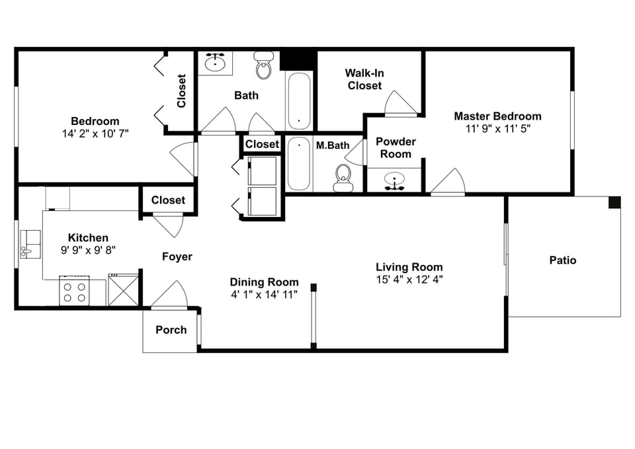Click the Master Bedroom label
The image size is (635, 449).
coord(497,116)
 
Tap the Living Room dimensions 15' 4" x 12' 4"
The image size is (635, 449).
coord(409,279)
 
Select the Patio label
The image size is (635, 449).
coord(563,260)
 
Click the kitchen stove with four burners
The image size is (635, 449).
coord(74,291)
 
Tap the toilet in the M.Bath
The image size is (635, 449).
coord(343,177)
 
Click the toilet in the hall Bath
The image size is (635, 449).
coord(264,65)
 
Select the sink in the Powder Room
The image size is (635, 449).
coord(395,181)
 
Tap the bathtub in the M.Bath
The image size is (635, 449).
coord(298,164)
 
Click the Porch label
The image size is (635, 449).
coord(171,330)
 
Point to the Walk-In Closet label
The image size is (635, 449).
coord(364,79)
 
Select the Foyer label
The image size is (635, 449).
coord(177,257)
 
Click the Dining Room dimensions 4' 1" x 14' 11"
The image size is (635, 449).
coord(264,294)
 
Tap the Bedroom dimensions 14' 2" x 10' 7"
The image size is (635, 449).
coord(95,133)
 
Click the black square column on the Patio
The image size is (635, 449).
coord(614,202)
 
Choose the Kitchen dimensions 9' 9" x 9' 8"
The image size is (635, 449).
coord(88,250)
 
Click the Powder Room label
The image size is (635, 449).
coord(396,147)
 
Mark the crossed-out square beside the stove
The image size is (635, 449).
coord(122,290)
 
